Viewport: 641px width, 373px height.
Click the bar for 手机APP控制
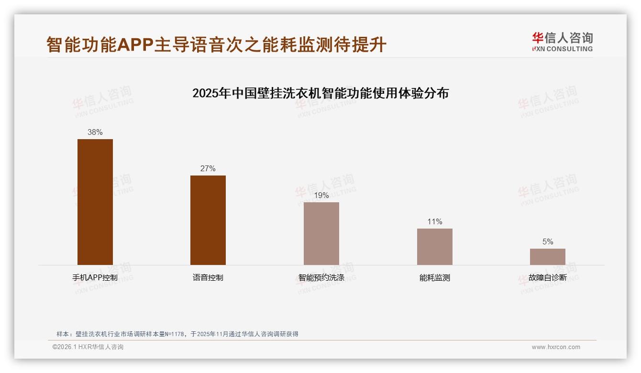coord(95,202)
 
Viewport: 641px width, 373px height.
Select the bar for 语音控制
coord(208,220)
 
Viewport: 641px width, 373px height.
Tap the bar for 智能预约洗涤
coord(321,233)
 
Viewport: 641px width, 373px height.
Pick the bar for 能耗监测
coord(434,247)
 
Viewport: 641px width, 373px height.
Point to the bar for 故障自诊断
coord(547,257)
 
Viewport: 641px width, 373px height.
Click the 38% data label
coord(95,132)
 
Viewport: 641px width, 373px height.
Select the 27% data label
coord(208,169)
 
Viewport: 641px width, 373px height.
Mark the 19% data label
coord(321,196)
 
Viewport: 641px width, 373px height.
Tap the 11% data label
coord(434,222)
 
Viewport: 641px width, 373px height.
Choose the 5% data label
coord(547,242)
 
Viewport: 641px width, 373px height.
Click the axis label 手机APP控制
coord(95,278)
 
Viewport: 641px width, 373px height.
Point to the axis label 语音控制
coord(208,278)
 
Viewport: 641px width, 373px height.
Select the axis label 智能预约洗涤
coord(321,278)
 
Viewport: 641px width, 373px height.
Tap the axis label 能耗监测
coord(434,278)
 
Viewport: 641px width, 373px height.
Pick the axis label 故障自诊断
coord(547,278)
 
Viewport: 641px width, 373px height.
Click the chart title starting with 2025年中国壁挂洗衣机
coord(320,93)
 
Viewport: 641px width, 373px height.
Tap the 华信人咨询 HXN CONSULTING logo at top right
coord(562,42)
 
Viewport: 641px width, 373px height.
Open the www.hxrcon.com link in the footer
coord(556,347)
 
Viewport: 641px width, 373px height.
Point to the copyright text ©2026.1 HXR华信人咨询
coord(88,347)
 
